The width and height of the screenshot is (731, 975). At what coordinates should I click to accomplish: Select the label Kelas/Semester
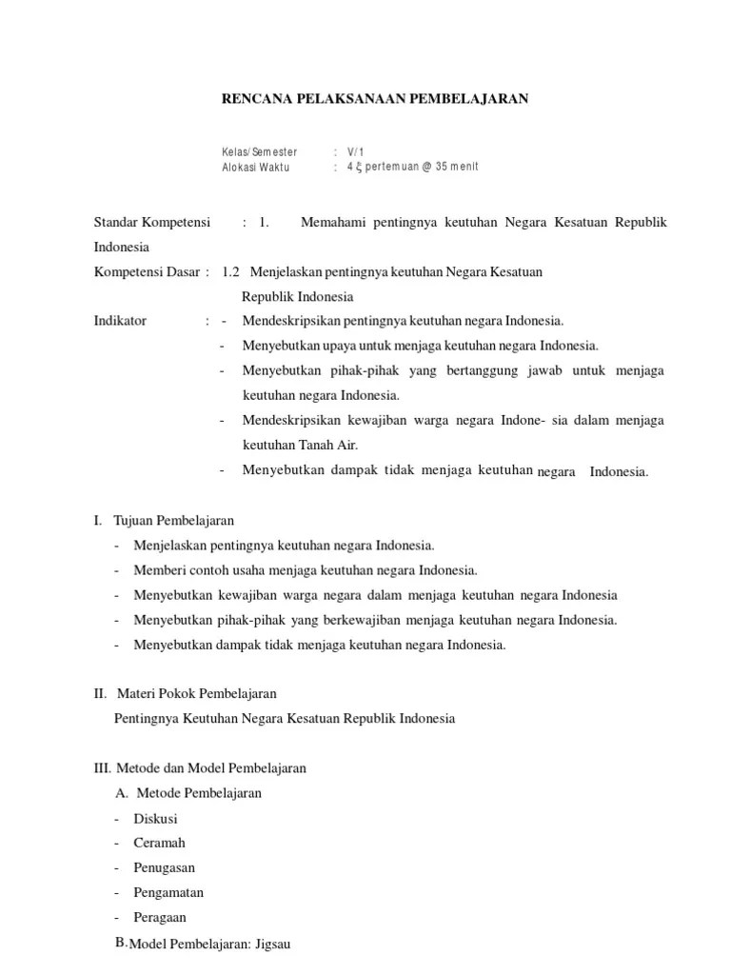point(260,151)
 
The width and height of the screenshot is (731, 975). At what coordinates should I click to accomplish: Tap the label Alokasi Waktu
point(256,167)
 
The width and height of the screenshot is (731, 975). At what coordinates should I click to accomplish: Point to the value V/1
point(356,151)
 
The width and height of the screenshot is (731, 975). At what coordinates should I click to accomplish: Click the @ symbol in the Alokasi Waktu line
point(425,167)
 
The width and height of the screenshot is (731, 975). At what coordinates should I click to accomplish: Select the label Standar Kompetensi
point(152,222)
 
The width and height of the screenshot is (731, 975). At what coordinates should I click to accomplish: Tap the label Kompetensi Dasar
point(148,271)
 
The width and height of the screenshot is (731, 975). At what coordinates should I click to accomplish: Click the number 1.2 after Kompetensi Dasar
point(231,271)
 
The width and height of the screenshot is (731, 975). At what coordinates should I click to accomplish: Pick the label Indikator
point(120,321)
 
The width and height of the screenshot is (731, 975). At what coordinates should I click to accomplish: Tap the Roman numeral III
point(102,768)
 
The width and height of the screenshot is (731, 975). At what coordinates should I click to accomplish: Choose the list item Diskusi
point(157,818)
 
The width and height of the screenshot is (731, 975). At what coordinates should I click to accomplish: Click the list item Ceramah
point(161,843)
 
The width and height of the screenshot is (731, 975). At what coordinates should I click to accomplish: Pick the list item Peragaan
point(161,917)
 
